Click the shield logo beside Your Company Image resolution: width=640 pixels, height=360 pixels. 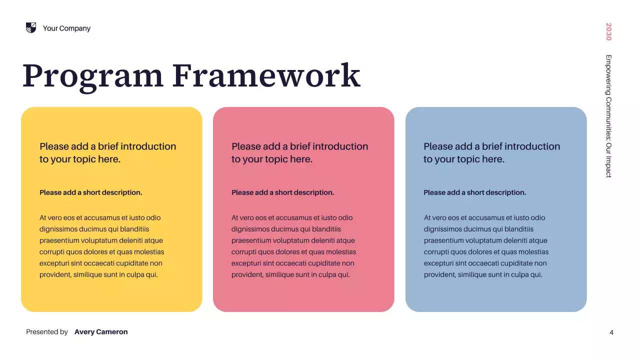coord(31,28)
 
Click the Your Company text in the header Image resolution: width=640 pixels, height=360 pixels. coord(66,28)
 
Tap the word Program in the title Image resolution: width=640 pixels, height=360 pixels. coord(93,76)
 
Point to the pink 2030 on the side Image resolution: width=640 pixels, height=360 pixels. coord(608,31)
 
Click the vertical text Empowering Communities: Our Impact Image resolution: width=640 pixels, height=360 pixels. coord(608,116)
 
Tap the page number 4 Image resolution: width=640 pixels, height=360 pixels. coord(611,332)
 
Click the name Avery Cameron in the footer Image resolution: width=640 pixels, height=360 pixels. coord(101,332)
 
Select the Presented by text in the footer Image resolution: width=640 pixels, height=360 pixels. coord(47,332)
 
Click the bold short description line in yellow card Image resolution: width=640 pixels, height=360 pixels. coord(91,192)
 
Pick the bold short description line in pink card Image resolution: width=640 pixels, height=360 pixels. coord(283,192)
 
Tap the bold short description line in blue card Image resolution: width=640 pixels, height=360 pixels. coord(475,192)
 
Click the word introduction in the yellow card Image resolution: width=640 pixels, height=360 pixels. coord(148,146)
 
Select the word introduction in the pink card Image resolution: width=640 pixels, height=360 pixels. coord(340,146)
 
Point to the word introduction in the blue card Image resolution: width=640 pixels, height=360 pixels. coord(532,146)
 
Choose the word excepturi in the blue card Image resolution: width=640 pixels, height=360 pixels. coord(442,263)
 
